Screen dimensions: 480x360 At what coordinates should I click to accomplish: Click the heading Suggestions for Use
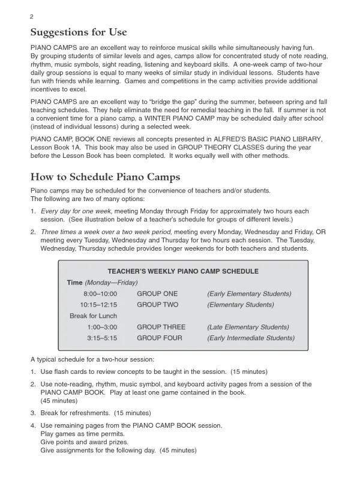(x=79, y=32)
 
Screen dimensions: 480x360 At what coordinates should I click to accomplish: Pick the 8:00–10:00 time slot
(x=100, y=293)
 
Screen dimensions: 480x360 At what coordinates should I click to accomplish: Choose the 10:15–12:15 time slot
(x=98, y=305)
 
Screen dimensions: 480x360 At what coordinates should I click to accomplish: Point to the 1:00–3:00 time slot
(x=102, y=327)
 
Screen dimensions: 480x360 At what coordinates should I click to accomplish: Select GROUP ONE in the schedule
(x=157, y=293)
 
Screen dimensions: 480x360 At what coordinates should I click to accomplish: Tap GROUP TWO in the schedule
(x=157, y=305)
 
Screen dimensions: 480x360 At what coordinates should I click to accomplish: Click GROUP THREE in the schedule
(x=161, y=327)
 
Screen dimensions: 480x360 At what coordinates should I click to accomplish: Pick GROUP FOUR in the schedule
(x=159, y=338)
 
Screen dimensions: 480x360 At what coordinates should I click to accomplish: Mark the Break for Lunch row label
(x=93, y=316)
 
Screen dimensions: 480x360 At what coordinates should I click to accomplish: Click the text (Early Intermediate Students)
(x=250, y=338)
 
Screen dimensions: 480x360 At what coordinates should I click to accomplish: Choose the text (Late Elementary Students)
(x=248, y=327)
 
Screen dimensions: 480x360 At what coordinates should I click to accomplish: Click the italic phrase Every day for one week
(x=77, y=212)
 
